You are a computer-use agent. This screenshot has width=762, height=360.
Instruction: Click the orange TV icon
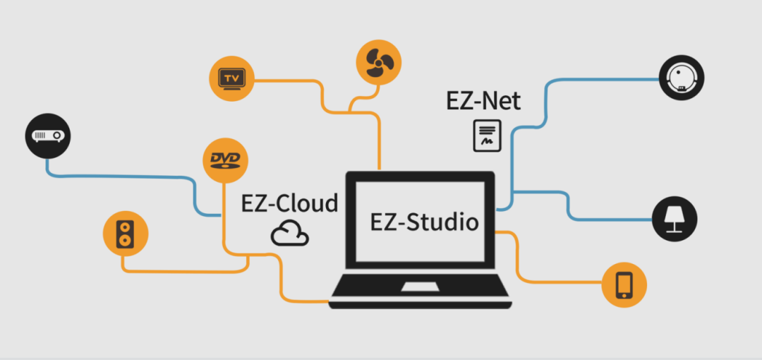click(x=231, y=78)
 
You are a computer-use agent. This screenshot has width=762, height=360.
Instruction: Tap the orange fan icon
click(x=379, y=61)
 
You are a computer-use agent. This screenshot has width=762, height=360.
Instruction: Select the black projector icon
click(x=49, y=134)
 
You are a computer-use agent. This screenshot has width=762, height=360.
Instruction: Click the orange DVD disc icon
click(x=225, y=160)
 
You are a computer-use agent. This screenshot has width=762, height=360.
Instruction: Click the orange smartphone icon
click(x=624, y=285)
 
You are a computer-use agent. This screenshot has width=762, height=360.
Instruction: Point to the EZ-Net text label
click(x=483, y=102)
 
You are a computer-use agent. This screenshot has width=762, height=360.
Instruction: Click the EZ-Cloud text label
click(x=290, y=203)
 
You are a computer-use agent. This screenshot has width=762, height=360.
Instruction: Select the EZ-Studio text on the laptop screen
click(x=425, y=222)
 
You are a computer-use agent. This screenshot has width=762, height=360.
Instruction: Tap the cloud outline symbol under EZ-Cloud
click(x=290, y=233)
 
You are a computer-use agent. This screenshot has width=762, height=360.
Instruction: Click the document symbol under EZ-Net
click(x=487, y=136)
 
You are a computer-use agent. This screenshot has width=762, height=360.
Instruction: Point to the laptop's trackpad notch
click(x=422, y=287)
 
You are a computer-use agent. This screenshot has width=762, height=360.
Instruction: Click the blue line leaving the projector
click(x=120, y=175)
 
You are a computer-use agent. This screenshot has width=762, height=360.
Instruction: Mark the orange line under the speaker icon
click(x=183, y=271)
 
